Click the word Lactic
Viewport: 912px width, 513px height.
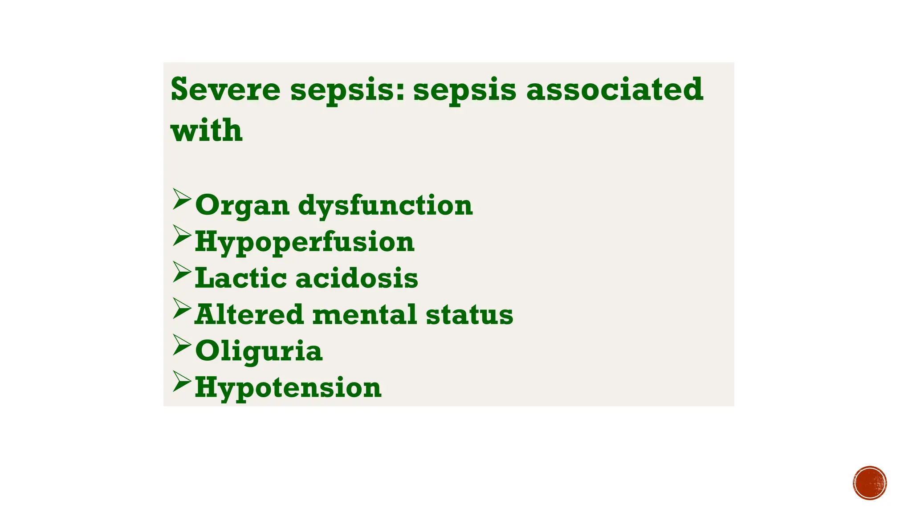tap(241, 278)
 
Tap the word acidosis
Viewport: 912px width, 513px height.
tap(357, 278)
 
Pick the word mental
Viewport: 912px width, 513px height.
tap(365, 314)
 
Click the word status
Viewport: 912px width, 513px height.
tap(469, 314)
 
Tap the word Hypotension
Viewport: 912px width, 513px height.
tap(288, 388)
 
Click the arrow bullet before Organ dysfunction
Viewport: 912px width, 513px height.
tap(182, 199)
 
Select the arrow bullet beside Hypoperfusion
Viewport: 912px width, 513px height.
tap(182, 235)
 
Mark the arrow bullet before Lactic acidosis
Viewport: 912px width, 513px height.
tap(182, 272)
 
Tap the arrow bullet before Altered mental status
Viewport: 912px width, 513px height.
tap(182, 308)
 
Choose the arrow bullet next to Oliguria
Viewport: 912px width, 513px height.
tap(182, 345)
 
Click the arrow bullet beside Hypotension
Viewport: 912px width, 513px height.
tap(182, 381)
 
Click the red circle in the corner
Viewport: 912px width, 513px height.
tap(870, 483)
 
